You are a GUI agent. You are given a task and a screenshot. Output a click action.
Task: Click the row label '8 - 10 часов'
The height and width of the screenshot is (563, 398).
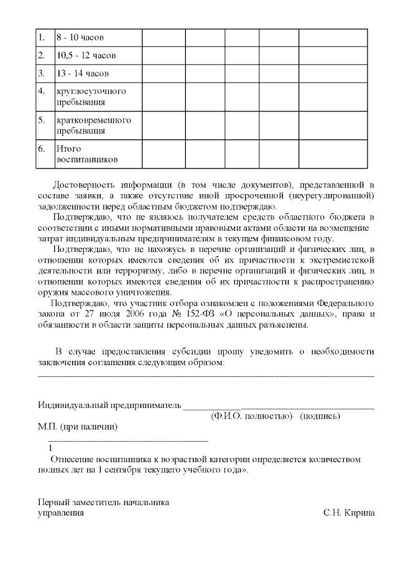(x=80, y=37)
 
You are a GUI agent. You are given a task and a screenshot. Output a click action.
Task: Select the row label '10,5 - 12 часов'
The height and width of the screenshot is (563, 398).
(x=86, y=55)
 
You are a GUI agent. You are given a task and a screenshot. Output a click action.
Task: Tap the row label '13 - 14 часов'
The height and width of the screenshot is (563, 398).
(x=82, y=73)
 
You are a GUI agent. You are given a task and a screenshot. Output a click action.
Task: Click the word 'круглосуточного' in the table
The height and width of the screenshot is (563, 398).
(x=91, y=91)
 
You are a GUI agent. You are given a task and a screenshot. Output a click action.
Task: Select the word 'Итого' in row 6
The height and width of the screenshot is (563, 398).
(x=69, y=149)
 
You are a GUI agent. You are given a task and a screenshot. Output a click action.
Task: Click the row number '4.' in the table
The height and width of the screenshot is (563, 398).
(x=42, y=91)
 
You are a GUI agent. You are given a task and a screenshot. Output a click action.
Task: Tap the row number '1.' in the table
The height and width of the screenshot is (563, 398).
(x=42, y=37)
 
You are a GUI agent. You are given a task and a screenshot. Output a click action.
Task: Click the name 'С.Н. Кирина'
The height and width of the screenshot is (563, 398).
(x=349, y=513)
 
